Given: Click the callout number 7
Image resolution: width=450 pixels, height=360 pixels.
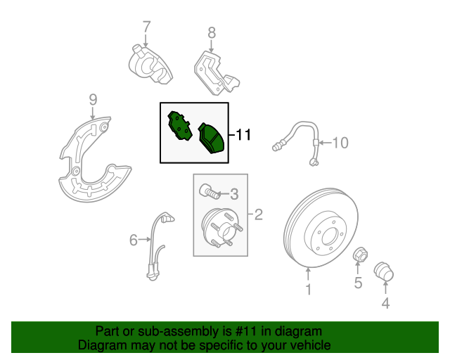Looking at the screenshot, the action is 147,27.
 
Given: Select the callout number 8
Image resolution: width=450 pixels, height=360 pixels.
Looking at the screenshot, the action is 212,32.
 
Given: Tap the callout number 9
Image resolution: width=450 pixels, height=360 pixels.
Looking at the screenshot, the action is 93,100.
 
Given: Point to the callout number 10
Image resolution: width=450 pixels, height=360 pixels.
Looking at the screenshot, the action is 340,143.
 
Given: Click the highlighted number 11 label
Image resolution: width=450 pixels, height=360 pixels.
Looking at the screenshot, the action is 243,134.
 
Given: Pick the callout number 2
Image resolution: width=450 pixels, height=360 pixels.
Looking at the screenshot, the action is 258,214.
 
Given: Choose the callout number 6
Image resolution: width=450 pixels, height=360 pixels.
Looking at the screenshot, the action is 134,240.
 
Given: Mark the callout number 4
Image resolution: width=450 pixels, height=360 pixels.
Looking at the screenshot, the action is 385,303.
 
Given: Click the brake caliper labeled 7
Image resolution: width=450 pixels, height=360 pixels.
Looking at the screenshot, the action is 150,65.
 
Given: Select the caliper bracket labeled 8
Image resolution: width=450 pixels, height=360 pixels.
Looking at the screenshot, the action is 216,73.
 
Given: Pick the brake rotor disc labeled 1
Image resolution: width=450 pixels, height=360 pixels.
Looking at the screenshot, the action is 321,228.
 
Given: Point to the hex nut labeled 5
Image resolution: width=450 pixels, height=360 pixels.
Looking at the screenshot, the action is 360,255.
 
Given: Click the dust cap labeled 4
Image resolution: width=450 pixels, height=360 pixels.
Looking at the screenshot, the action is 384,271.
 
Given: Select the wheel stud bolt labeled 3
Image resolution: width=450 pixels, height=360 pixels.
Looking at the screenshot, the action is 210,192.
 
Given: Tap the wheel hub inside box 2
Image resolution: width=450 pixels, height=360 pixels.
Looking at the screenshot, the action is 221,228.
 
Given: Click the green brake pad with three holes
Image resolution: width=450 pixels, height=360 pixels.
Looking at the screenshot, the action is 179,126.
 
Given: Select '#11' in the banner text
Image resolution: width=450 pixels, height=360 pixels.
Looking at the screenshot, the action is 245,331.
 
